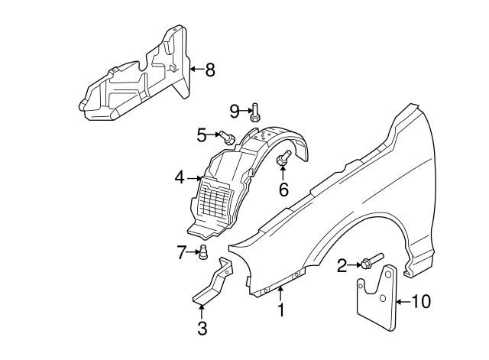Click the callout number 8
(x=209, y=70)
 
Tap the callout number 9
(x=235, y=112)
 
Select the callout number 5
(x=202, y=135)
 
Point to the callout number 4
(x=180, y=178)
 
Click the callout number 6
(x=283, y=189)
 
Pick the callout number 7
(x=182, y=252)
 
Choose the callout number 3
(x=202, y=329)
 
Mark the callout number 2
(x=342, y=265)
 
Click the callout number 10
(x=421, y=301)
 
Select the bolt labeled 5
(x=228, y=138)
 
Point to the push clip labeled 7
(x=205, y=253)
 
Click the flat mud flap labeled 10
(x=377, y=300)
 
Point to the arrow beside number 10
(x=403, y=301)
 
